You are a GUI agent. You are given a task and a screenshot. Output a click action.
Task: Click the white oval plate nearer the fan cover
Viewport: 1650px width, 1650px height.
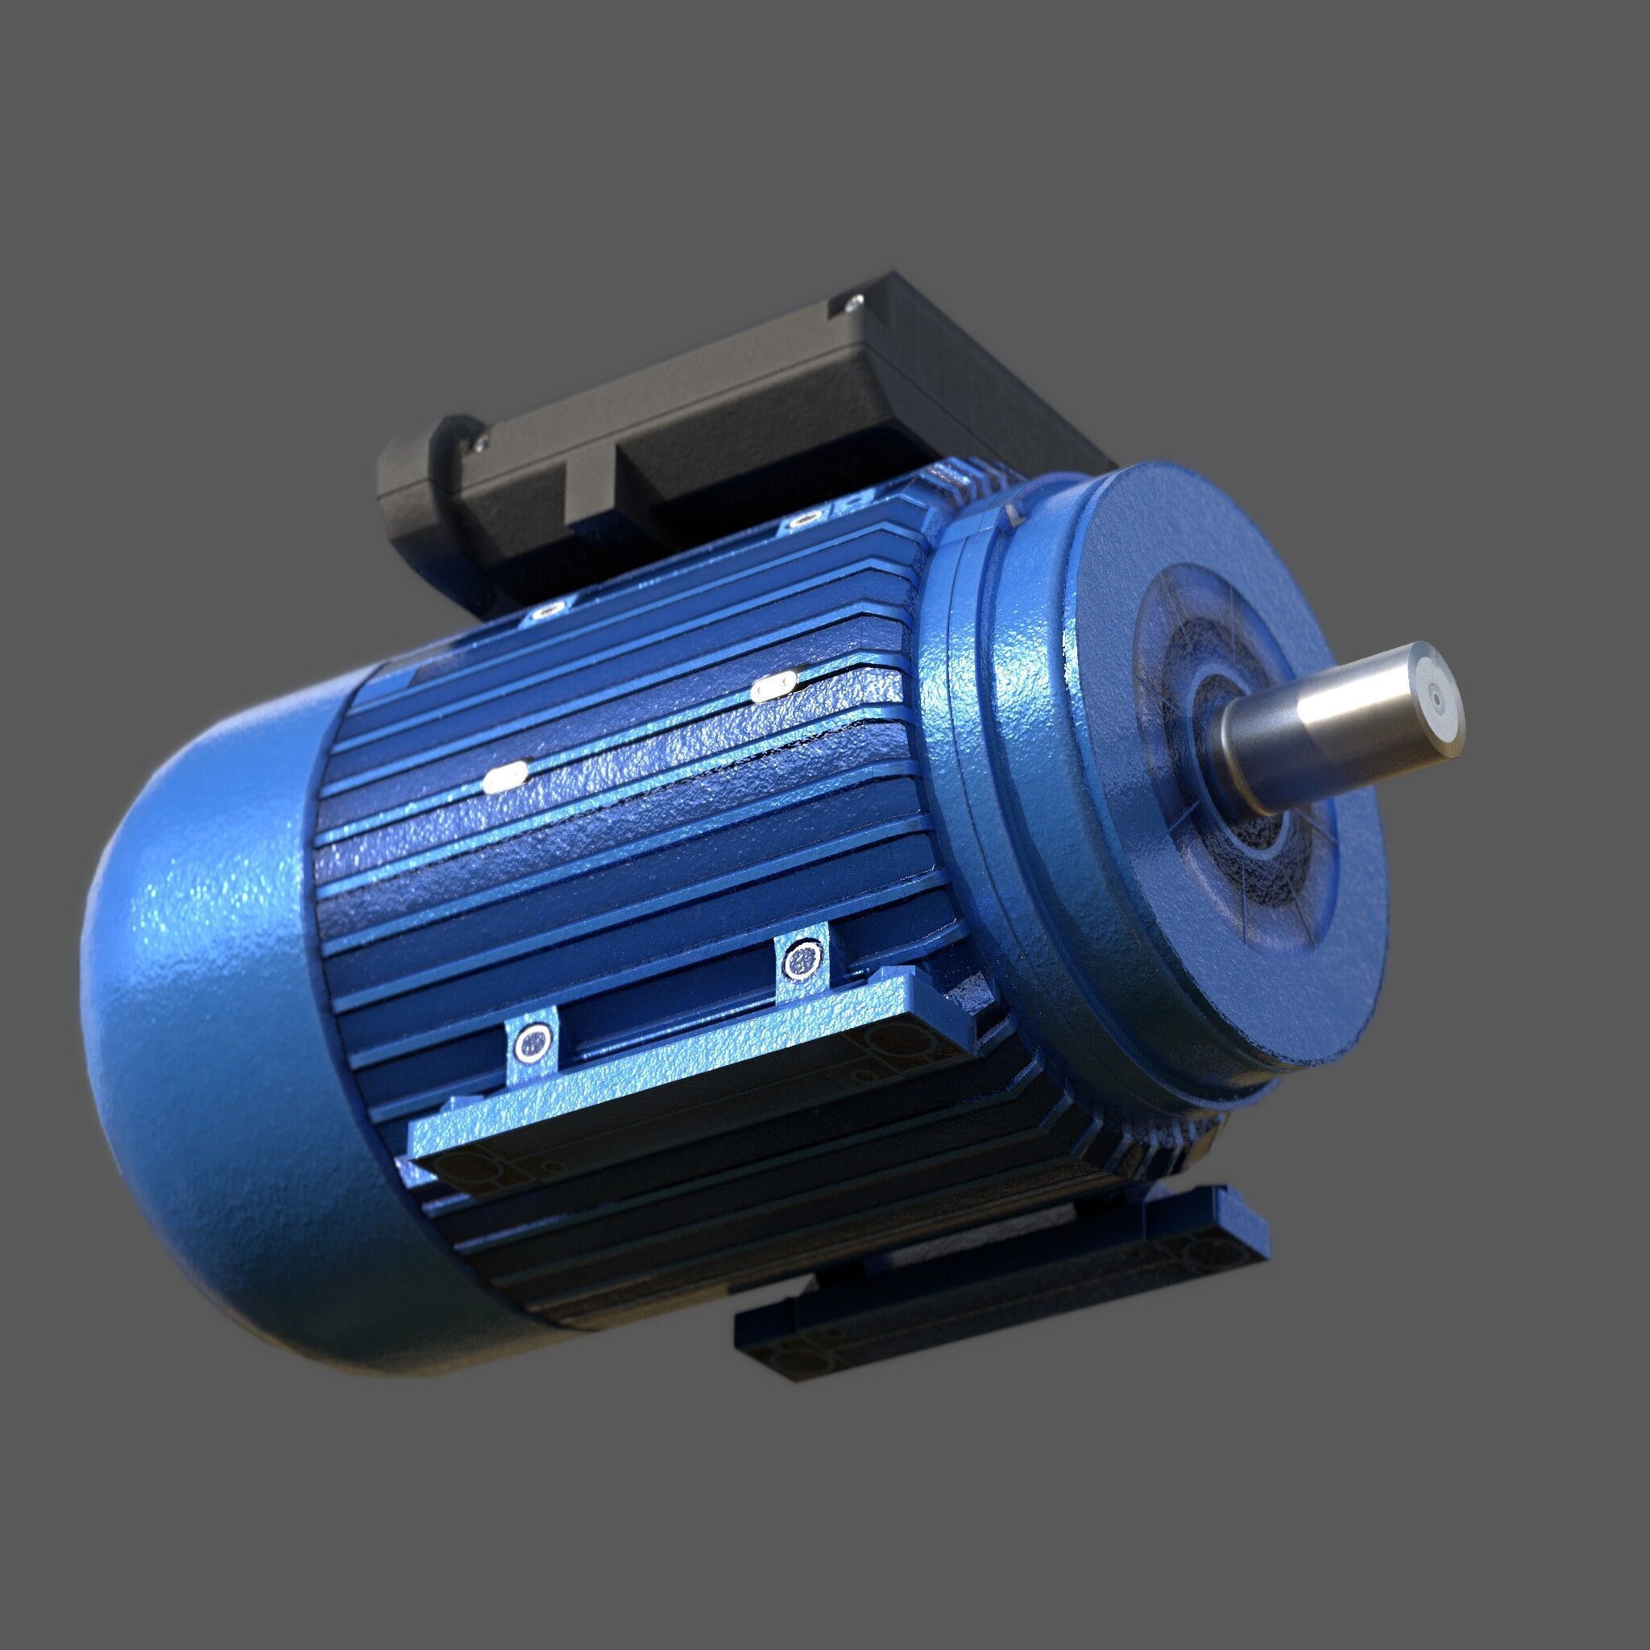tap(506, 777)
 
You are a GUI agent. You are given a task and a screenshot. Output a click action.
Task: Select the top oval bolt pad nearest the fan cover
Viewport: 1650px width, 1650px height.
tap(546, 610)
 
